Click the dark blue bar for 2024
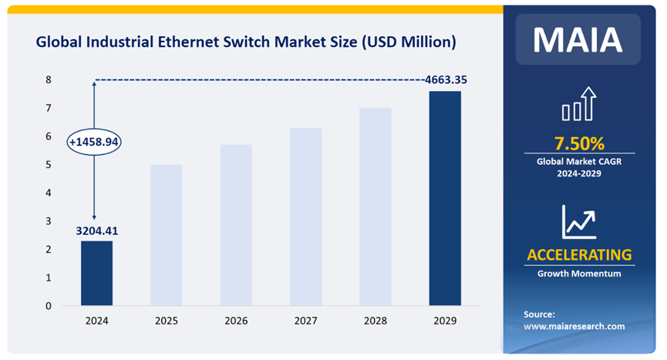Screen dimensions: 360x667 click(96, 273)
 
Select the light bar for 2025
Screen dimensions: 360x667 click(166, 235)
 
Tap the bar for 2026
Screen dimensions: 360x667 click(236, 225)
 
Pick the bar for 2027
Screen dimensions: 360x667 click(305, 217)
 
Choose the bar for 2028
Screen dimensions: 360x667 click(376, 207)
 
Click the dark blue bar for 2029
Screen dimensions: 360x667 click(445, 198)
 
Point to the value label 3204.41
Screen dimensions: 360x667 click(96, 230)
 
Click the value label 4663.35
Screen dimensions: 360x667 click(445, 79)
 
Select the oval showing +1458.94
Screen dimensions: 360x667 click(95, 143)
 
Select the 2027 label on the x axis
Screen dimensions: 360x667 click(305, 320)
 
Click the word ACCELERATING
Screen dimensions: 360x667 click(579, 254)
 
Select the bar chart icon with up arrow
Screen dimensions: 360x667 click(579, 105)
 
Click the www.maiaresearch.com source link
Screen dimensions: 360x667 click(574, 326)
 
